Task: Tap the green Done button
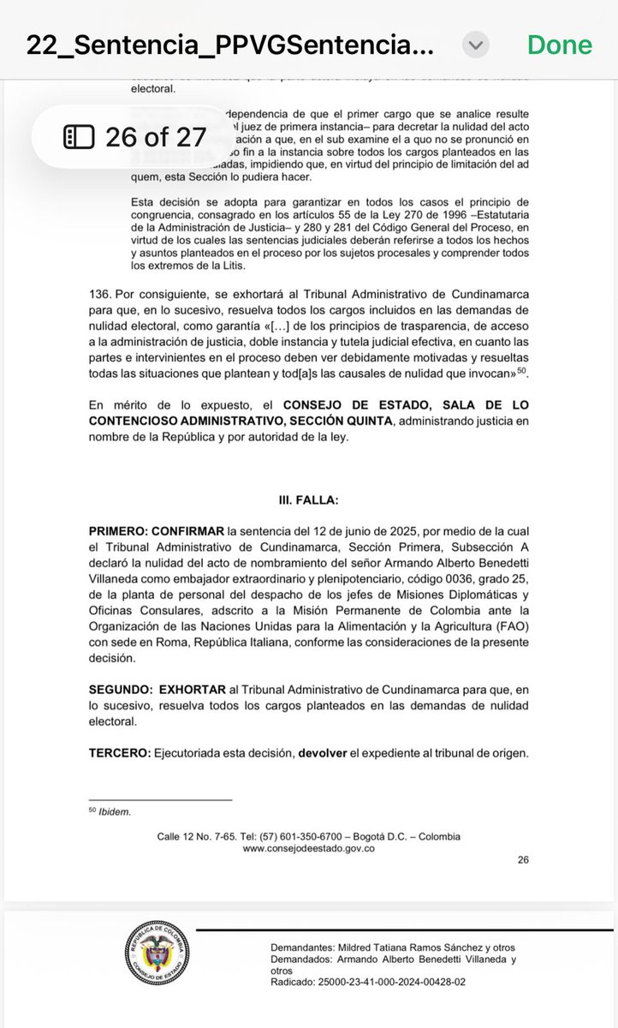point(559,44)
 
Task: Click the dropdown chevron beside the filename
point(477,45)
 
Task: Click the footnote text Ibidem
point(116,811)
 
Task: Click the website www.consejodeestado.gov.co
point(309,848)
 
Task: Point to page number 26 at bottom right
point(523,861)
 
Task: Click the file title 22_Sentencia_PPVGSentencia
point(229,45)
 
